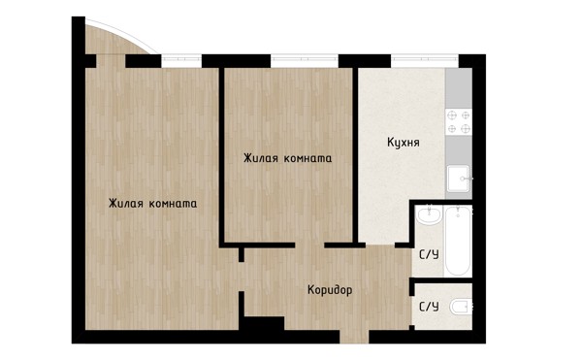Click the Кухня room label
pos(404,143)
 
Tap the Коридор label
pos(330,290)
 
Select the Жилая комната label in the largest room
pos(152,204)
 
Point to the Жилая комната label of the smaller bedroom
pos(287,158)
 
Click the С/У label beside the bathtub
pos(429,254)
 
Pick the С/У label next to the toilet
pos(429,307)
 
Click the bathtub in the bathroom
pos(458,242)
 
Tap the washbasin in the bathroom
pos(429,215)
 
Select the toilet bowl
pos(461,307)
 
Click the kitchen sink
pos(459,179)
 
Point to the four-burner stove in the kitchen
pos(459,122)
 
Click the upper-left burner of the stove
pos(452,115)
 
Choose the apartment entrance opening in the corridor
pos(354,337)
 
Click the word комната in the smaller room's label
pos(307,158)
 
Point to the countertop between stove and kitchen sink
pos(459,150)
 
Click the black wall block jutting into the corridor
pos(264,323)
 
